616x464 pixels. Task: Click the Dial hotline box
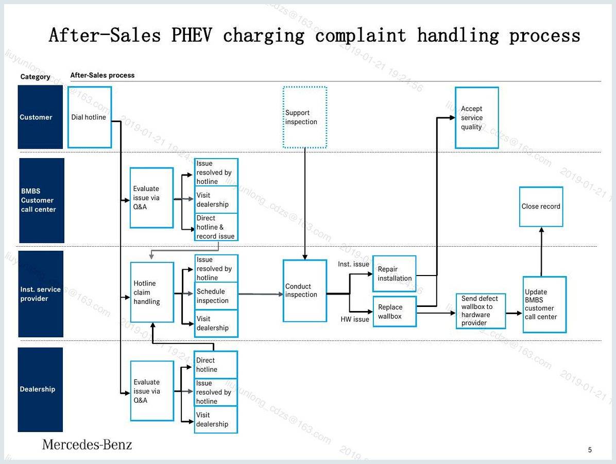click(90, 117)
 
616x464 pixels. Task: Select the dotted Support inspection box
click(305, 117)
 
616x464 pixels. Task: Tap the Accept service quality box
click(477, 117)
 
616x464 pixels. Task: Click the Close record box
click(541, 207)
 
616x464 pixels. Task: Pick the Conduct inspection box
click(305, 291)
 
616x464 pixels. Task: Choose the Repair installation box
click(395, 273)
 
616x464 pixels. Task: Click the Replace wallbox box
click(395, 312)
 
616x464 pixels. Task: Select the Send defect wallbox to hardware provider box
click(481, 311)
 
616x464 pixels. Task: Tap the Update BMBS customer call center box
click(544, 304)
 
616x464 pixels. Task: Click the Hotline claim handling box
click(152, 293)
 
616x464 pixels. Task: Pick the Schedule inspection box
click(216, 296)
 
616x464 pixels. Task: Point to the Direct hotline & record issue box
click(216, 227)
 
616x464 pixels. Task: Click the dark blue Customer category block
click(40, 117)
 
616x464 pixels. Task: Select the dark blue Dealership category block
click(40, 389)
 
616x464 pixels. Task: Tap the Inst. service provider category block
click(41, 294)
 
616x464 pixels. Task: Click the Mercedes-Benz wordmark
click(87, 444)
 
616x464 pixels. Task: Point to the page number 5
click(590, 450)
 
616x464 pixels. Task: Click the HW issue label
click(355, 319)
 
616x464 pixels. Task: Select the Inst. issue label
click(353, 264)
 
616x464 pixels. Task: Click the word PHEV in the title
click(192, 35)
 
